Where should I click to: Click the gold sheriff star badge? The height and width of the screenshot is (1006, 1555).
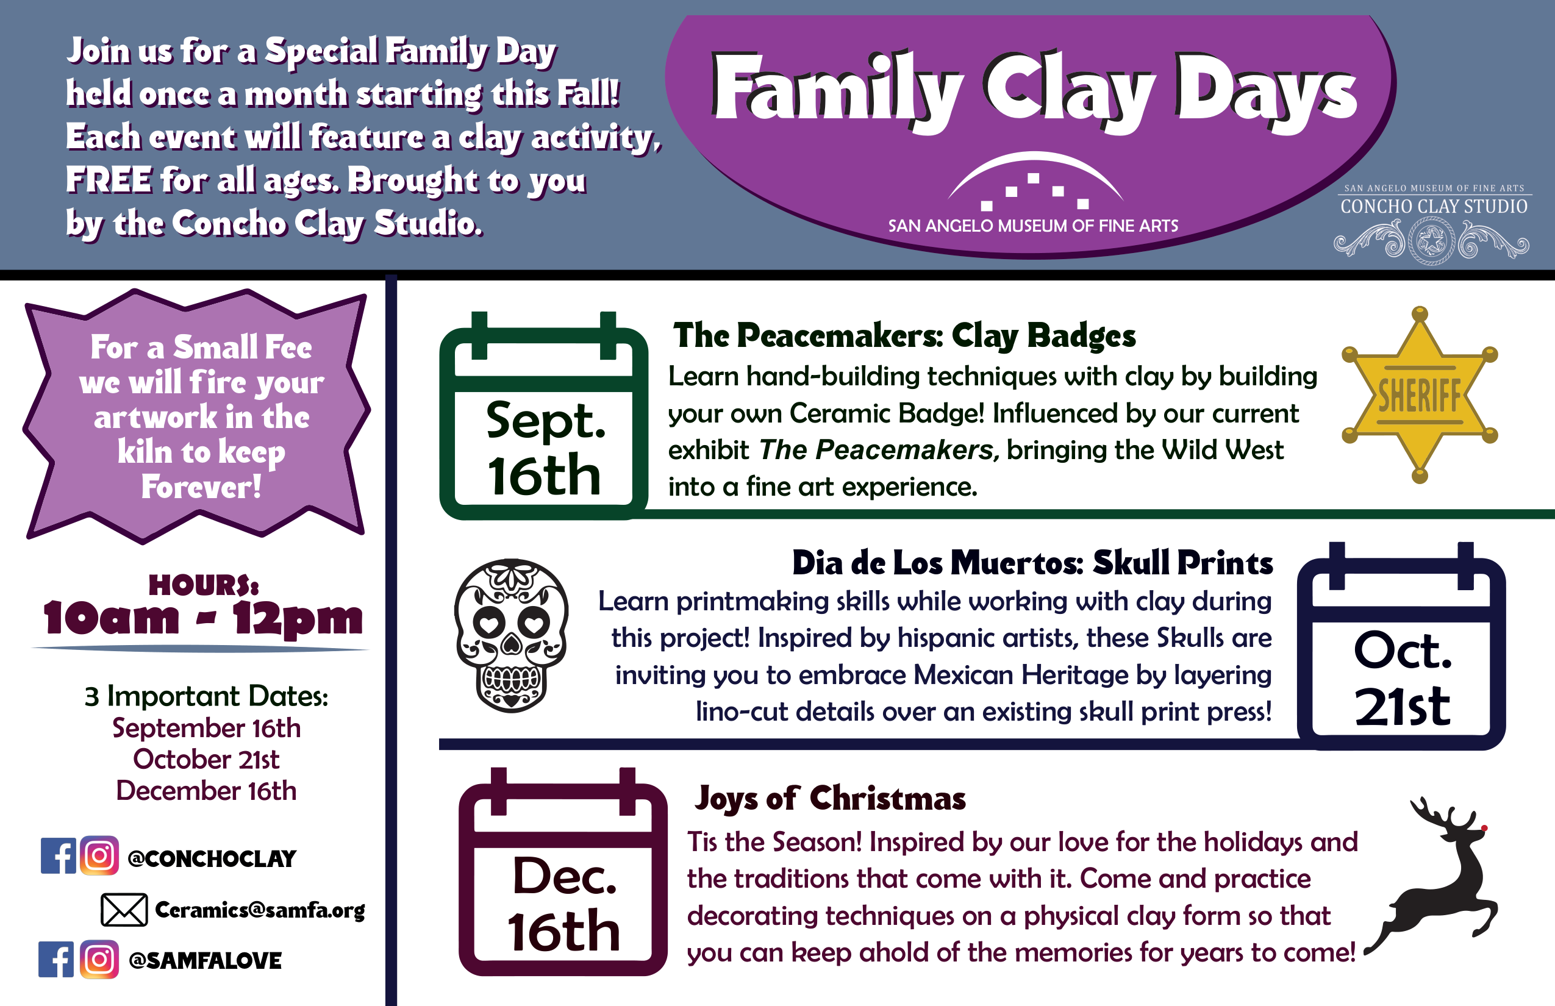[x=1419, y=394]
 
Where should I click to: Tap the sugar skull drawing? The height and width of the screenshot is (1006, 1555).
[x=511, y=635]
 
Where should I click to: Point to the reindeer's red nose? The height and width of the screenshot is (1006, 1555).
[x=1484, y=829]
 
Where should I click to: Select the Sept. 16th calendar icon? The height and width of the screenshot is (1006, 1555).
[x=543, y=415]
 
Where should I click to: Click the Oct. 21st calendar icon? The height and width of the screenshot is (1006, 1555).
[x=1401, y=646]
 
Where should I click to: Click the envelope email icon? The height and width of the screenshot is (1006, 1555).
[x=124, y=909]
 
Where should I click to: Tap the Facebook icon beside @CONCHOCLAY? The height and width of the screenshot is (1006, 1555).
[x=58, y=856]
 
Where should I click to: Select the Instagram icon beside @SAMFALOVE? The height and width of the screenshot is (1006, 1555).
[x=99, y=959]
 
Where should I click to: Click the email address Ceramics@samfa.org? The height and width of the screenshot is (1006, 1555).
[x=260, y=910]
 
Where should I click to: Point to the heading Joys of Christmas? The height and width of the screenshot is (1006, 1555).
[x=830, y=798]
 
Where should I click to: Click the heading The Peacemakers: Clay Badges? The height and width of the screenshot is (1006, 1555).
[x=905, y=336]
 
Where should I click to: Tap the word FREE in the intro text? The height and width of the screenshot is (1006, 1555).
[x=109, y=180]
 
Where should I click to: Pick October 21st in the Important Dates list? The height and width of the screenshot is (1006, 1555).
[x=207, y=759]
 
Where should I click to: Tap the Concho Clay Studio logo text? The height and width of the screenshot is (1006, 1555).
[x=1434, y=207]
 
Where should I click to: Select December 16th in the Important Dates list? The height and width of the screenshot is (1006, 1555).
[x=207, y=790]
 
